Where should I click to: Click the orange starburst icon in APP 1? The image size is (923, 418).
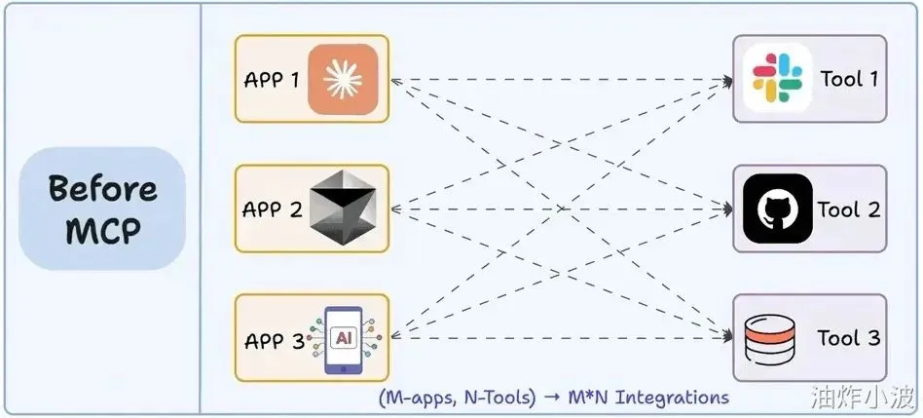coord(342,79)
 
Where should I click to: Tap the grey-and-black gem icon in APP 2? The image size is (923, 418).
coord(342,209)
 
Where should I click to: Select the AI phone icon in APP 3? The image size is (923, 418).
coord(342,339)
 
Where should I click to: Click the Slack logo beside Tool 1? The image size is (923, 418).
coord(776,78)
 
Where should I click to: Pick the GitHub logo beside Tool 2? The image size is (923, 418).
coord(776,209)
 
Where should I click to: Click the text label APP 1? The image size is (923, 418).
coord(272,79)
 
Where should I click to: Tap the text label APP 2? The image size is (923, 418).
coord(272,209)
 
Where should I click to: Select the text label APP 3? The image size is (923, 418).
coord(275,341)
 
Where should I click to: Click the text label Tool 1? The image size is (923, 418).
coord(849,79)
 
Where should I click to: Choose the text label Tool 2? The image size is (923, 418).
coord(849,209)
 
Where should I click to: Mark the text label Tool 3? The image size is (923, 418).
coord(849,339)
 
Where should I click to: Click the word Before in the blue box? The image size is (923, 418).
coord(102,187)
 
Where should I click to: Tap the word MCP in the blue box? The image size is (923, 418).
coord(102,232)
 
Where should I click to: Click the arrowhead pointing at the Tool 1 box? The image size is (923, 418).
coord(727,80)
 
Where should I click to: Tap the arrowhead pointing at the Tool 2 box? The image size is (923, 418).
coord(727,209)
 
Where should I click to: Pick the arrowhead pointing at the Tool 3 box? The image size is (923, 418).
coord(727,337)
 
